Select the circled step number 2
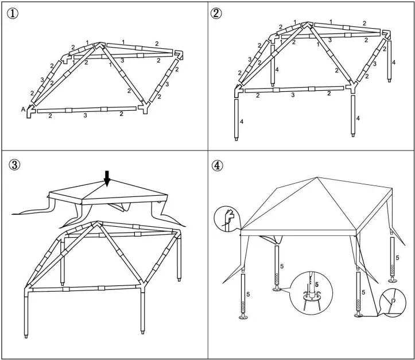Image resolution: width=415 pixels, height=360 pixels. coord(216,13)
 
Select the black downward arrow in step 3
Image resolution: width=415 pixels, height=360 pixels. coord(107,178)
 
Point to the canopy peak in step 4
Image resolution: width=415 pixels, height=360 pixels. coord(316,177)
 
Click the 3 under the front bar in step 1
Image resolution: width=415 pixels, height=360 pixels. coord(85,115)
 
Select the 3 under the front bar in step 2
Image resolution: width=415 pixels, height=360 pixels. coord(293,95)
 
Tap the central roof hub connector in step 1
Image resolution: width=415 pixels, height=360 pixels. coord(99,46)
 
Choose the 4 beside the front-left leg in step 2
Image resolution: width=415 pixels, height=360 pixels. coord(242,122)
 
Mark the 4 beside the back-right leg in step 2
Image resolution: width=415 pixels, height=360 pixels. coord(394,62)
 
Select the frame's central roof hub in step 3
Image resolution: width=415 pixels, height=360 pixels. coord(99,223)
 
